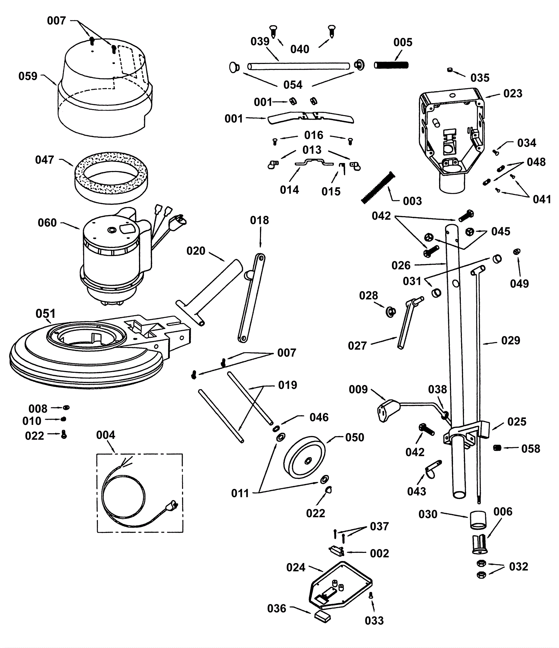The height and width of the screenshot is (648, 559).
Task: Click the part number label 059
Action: (x=28, y=76)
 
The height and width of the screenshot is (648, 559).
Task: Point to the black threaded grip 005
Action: (x=391, y=65)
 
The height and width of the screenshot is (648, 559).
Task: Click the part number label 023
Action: (x=513, y=93)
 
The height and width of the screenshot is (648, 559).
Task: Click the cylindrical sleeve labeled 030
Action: (x=478, y=520)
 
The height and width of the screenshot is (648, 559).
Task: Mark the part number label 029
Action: (x=511, y=340)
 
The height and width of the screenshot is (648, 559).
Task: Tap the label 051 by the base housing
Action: (x=45, y=314)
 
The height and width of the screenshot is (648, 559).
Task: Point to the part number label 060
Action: (x=47, y=223)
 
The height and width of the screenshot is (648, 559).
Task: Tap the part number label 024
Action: (x=296, y=567)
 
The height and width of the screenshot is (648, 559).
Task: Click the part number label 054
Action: (x=293, y=85)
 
